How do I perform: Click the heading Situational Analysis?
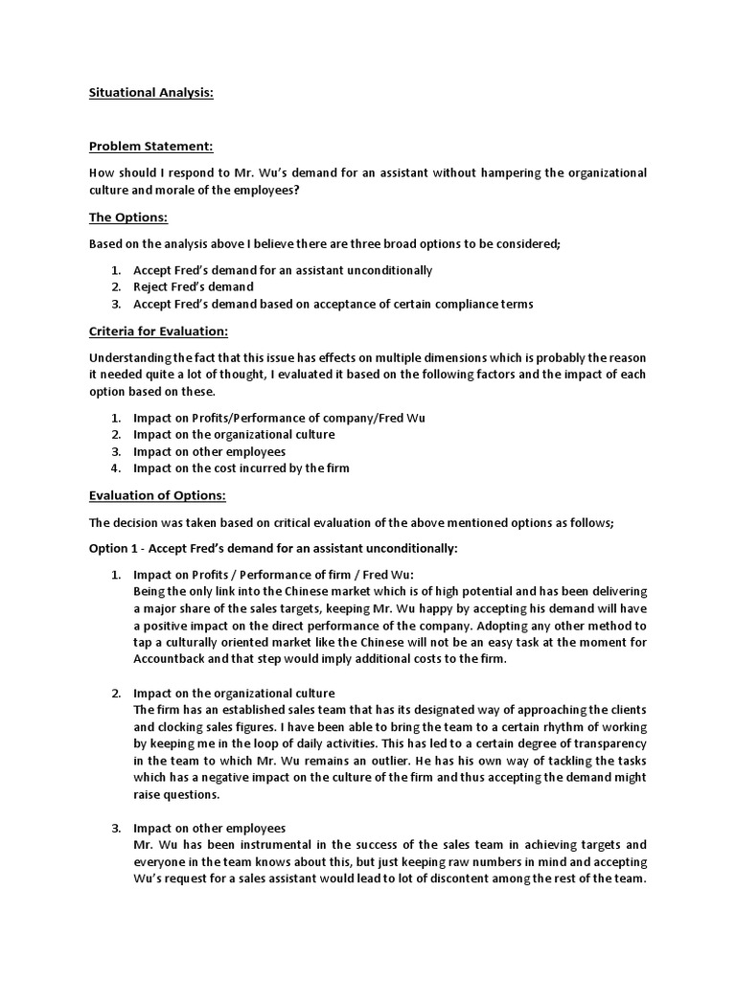pyautogui.click(x=151, y=93)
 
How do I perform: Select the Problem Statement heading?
pyautogui.click(x=151, y=147)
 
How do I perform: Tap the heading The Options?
pyautogui.click(x=127, y=217)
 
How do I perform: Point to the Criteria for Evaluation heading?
pyautogui.click(x=158, y=331)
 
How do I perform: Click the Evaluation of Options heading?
pyautogui.click(x=158, y=495)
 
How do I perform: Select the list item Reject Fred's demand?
pyautogui.click(x=193, y=286)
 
